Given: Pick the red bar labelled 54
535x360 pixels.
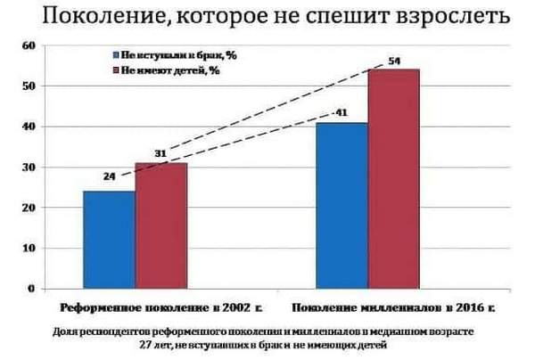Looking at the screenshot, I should pos(392,178).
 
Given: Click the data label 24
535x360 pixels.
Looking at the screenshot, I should pos(110,176).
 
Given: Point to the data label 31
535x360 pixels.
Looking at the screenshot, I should pos(161,153).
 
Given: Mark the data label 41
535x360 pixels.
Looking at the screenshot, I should pos(341,113).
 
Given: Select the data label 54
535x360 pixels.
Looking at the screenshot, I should pos(394,60).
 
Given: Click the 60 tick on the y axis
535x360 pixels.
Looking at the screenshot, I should pos(28,45).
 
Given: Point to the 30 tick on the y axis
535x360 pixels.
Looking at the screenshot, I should pos(28,168).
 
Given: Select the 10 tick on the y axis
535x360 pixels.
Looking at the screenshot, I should pos(28,249).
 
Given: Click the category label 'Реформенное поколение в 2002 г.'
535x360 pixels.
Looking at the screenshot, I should pos(160,308).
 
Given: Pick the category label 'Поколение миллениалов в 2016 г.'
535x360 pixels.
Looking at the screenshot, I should pos(393,308).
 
